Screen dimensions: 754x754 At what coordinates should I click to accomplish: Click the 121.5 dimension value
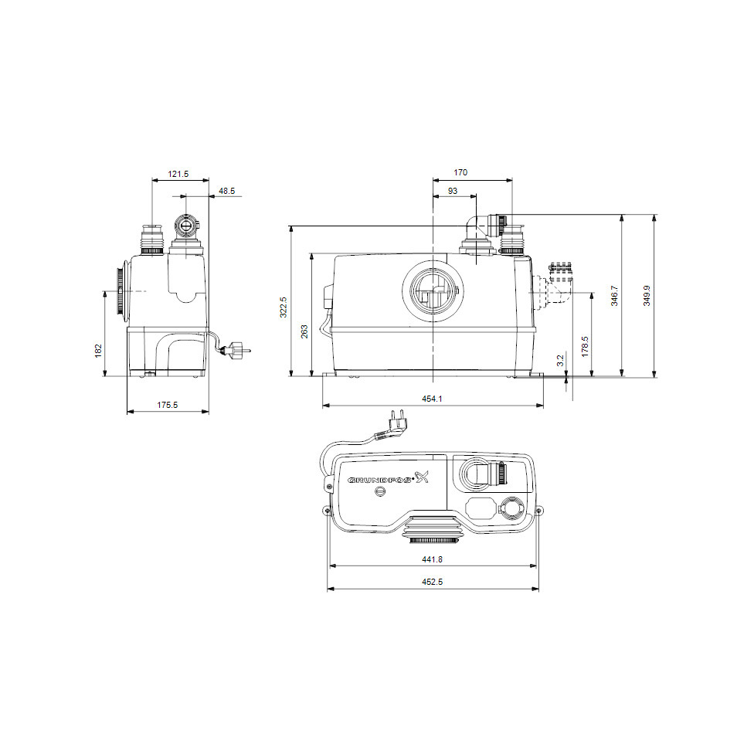point(178,175)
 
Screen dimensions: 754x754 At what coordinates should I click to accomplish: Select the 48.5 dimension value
point(227,190)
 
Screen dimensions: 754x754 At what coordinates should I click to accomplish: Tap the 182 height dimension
point(98,351)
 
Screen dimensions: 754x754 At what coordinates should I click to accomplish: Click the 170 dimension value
point(460,173)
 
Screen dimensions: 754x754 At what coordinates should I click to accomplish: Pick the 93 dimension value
point(453,190)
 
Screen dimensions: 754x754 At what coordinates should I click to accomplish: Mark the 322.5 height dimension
point(284,307)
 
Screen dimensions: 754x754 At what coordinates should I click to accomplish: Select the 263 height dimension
point(304,331)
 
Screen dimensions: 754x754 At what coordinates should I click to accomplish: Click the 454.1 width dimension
point(433,398)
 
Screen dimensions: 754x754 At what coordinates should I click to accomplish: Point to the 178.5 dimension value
point(585,345)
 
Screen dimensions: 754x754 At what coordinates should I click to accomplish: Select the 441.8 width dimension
point(433,559)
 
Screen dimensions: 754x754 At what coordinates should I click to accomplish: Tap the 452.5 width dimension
point(433,582)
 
